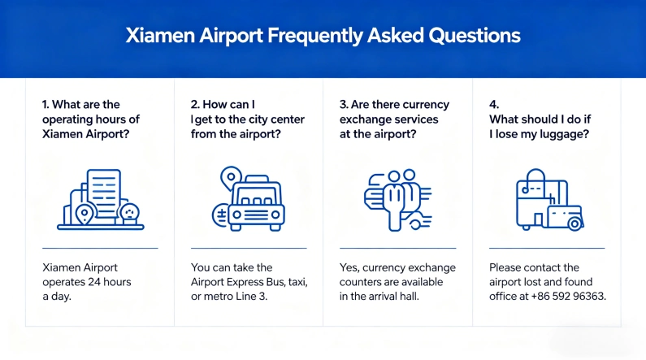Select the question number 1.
coord(46,105)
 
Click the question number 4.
coord(493,105)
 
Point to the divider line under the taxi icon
coord(249,248)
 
